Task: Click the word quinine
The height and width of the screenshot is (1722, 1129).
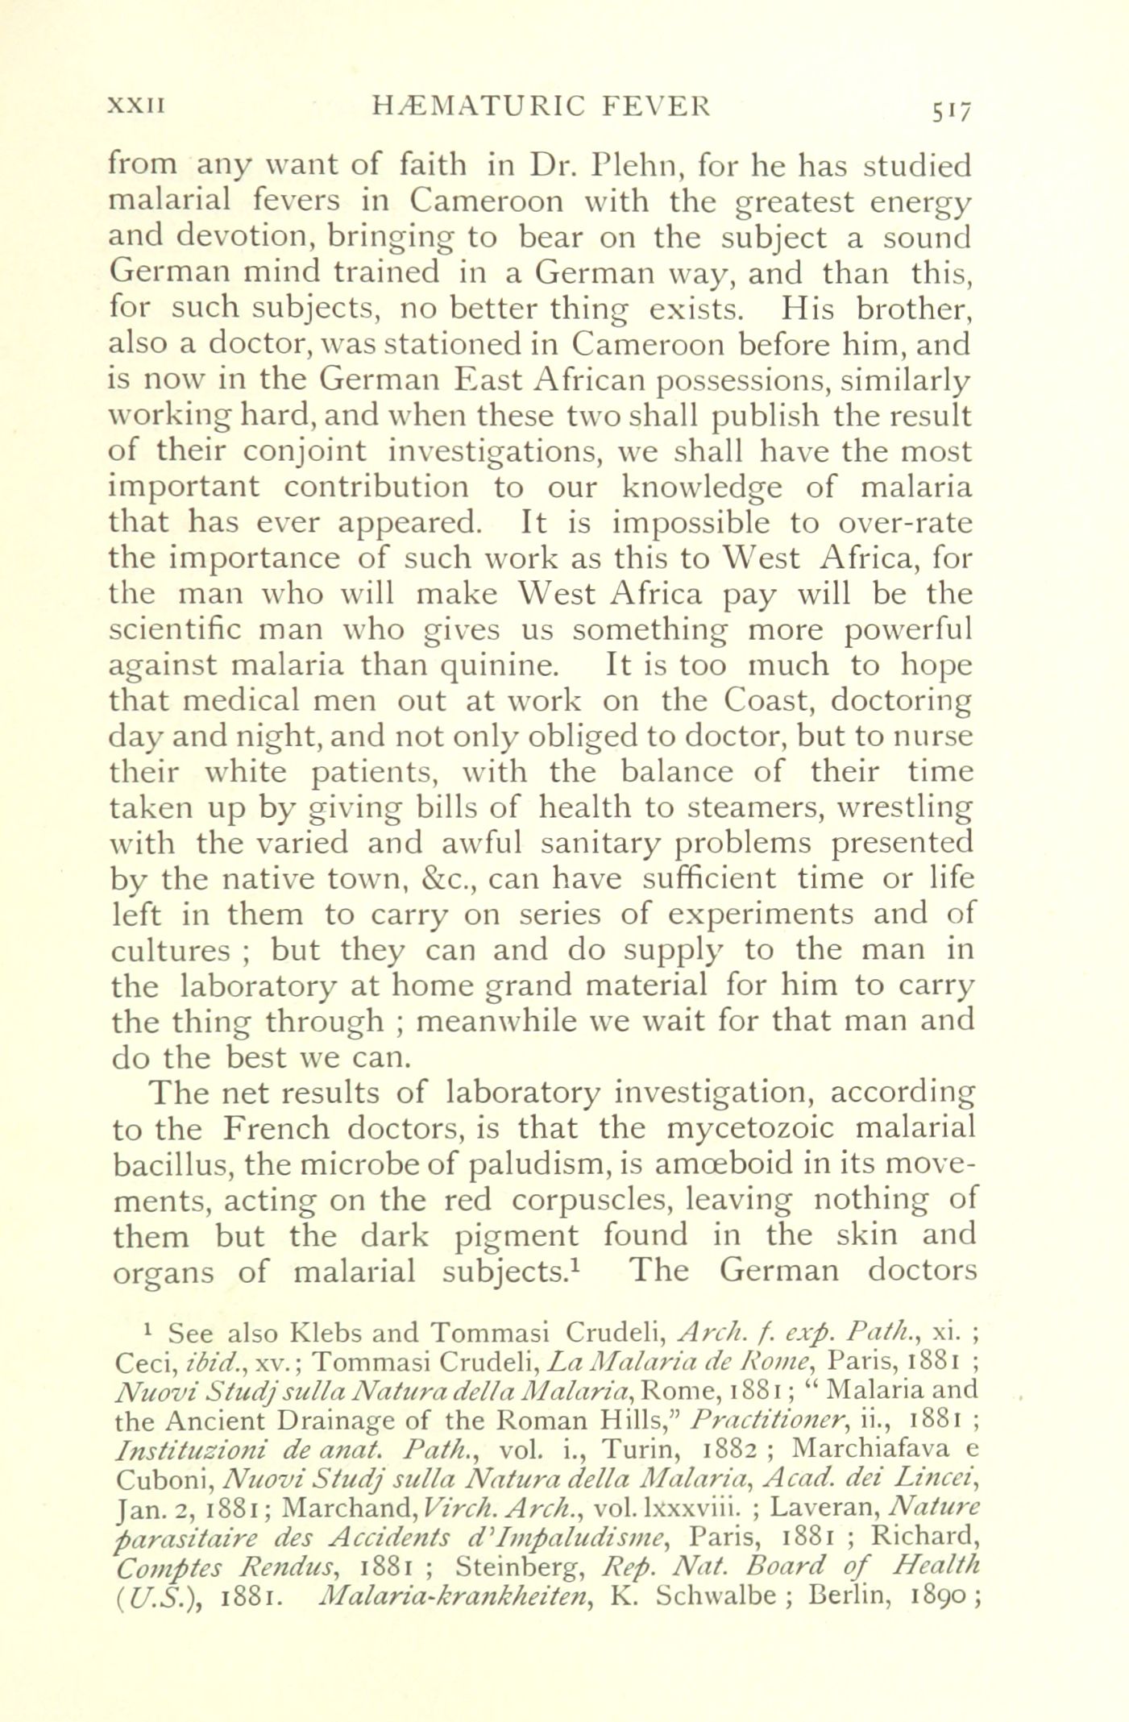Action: coord(497,666)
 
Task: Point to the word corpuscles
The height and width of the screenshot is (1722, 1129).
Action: coord(596,1199)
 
